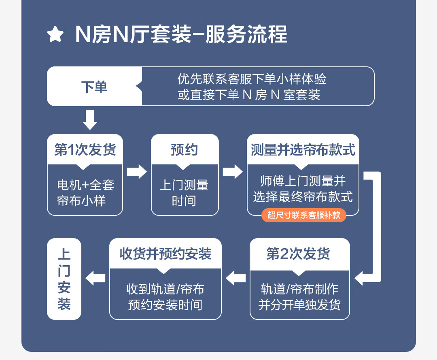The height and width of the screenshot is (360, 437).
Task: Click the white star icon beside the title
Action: pos(55,34)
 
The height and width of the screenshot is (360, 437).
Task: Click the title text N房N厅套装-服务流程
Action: pos(181,34)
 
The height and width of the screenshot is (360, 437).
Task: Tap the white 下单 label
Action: pos(94,87)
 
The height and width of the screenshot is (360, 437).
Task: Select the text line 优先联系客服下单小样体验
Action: pos(252,79)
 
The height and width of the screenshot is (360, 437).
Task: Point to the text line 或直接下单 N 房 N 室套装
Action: pos(248,95)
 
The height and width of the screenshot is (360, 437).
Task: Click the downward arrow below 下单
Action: pos(90,119)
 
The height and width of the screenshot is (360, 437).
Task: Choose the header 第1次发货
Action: pos(85,150)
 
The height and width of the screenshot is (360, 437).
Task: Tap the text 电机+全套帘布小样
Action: pos(85,192)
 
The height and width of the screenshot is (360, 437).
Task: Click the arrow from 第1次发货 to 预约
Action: pos(137,171)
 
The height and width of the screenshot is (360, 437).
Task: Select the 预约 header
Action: pos(185,150)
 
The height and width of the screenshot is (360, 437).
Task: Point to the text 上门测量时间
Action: pos(185,192)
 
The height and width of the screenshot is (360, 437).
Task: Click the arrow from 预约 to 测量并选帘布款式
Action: pos(233,171)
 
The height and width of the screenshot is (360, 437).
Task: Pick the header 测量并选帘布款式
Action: pos(303,150)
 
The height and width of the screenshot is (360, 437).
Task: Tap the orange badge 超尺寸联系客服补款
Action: pos(304,215)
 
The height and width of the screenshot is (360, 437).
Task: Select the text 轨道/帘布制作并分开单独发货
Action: pos(299,296)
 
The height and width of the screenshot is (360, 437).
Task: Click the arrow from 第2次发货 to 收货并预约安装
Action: pos(236,278)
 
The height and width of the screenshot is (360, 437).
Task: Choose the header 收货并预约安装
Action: pos(165,254)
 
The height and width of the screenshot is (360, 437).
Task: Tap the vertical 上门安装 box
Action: pos(64,279)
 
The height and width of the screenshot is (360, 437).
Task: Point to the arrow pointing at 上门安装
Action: pos(95,278)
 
